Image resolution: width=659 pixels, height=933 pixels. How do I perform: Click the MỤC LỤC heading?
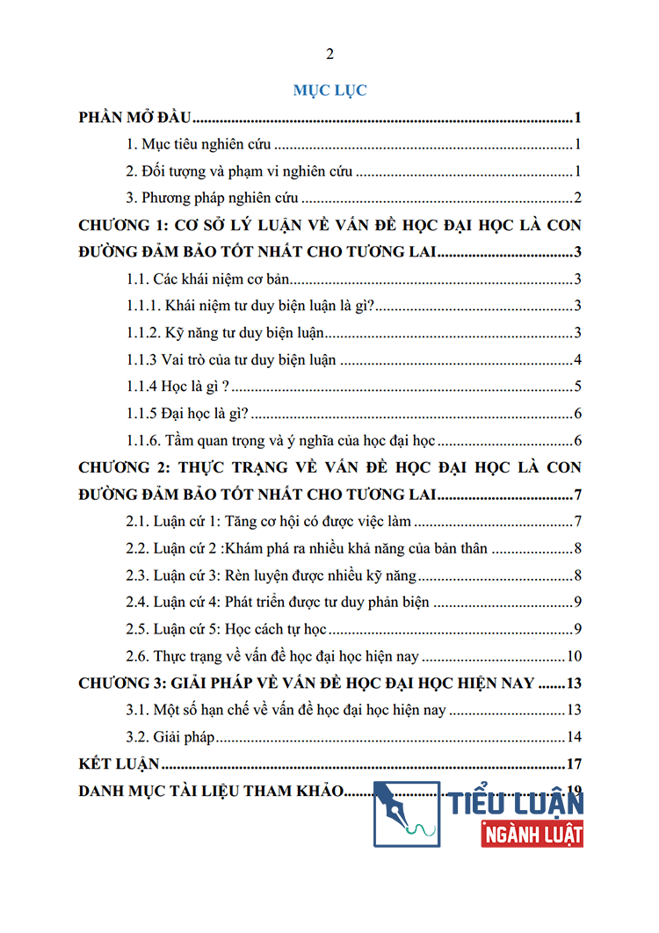click(x=329, y=90)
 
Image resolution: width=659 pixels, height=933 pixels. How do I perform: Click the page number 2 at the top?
click(x=329, y=54)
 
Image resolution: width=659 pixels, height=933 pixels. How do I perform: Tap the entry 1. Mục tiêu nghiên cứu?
click(x=199, y=146)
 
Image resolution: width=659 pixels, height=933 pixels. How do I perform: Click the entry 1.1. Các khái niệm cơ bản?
click(x=209, y=280)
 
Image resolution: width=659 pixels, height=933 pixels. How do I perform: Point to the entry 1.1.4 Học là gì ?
click(x=178, y=387)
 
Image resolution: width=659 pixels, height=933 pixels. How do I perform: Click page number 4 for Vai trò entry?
click(x=577, y=360)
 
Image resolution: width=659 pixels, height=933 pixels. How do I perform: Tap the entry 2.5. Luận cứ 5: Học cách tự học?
click(x=227, y=628)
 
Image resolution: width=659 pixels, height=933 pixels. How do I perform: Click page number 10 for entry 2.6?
click(x=574, y=655)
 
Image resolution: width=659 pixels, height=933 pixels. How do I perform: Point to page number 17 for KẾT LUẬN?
click(x=575, y=763)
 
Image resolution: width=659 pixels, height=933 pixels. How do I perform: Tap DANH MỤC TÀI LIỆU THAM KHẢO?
click(x=209, y=790)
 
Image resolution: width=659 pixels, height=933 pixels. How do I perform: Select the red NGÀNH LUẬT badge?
click(x=532, y=832)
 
